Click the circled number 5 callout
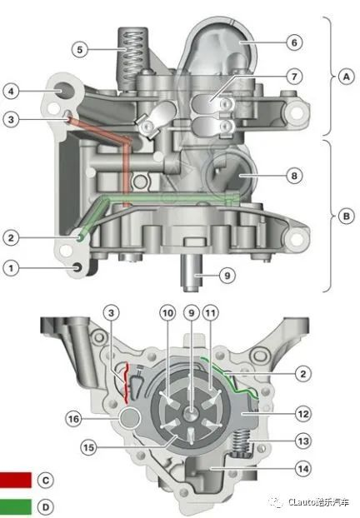tap(80, 50)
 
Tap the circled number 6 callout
tap(294, 42)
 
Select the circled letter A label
tap(346, 77)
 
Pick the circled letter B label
tap(346, 216)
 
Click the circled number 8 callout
tap(294, 176)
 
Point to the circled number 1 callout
tap(11, 267)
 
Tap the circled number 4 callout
tap(11, 91)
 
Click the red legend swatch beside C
tap(16, 480)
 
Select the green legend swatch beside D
tap(16, 507)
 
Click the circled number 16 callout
tap(73, 419)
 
